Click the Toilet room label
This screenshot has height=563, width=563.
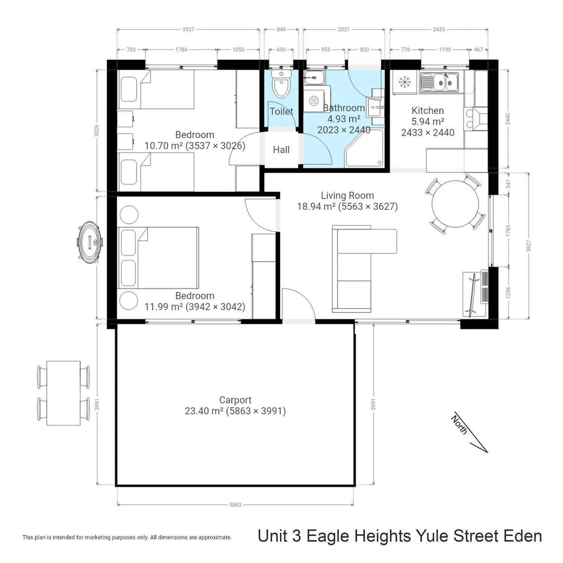pyautogui.click(x=281, y=111)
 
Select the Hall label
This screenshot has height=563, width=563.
pyautogui.click(x=281, y=150)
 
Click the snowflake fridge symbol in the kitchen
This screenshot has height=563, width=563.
pyautogui.click(x=404, y=82)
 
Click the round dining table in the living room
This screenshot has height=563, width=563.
pyautogui.click(x=455, y=204)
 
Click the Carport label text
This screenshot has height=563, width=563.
pyautogui.click(x=235, y=400)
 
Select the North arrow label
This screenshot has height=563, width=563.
pyautogui.click(x=459, y=425)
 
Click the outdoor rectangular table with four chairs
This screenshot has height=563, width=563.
pyautogui.click(x=63, y=393)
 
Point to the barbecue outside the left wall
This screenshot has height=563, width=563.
pyautogui.click(x=89, y=240)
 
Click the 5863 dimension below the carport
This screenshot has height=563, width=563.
pyautogui.click(x=235, y=505)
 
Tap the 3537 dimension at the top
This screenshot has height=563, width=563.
pyautogui.click(x=188, y=29)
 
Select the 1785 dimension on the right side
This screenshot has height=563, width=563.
pyautogui.click(x=509, y=230)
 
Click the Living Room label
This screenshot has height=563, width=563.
pyautogui.click(x=347, y=196)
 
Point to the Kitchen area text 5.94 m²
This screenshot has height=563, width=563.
pyautogui.click(x=428, y=122)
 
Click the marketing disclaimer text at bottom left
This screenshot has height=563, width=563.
pyautogui.click(x=127, y=537)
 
